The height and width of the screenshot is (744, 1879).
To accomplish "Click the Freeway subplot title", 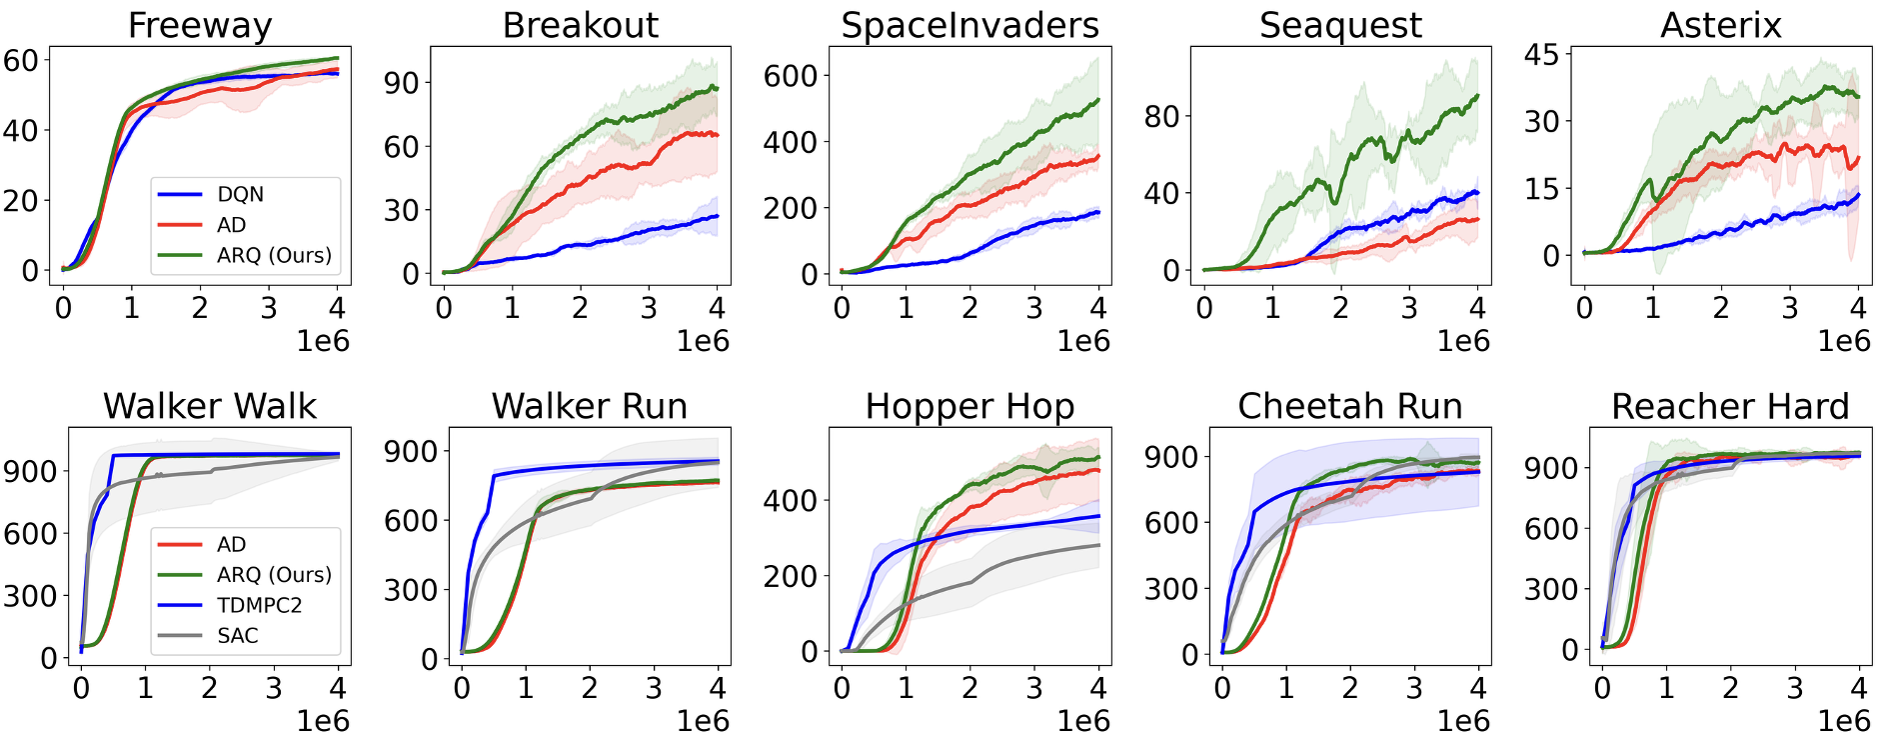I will [200, 25].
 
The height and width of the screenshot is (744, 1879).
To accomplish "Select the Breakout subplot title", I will [580, 25].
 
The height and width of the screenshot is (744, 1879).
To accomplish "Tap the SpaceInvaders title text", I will [969, 25].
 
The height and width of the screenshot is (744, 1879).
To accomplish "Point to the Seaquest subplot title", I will [1340, 25].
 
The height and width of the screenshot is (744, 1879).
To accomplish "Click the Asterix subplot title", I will [1721, 25].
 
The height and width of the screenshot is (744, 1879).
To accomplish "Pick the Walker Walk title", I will [210, 406].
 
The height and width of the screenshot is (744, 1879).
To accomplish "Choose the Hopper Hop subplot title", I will [969, 406].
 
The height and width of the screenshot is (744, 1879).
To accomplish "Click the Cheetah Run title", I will [1349, 406].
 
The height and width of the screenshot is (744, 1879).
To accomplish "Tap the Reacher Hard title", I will [1730, 406].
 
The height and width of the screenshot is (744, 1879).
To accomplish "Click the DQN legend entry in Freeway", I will [240, 194].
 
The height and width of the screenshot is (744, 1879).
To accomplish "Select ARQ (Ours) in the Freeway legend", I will [274, 255].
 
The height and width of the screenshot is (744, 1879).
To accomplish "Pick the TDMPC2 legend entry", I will [259, 605].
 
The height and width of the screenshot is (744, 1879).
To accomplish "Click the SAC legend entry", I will [238, 635].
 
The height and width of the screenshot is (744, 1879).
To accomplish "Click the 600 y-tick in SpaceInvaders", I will [791, 75].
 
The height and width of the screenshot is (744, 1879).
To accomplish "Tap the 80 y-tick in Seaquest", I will [1162, 116].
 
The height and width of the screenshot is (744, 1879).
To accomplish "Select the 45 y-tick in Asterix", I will [1542, 54].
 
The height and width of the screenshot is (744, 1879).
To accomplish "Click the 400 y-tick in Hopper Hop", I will [791, 499].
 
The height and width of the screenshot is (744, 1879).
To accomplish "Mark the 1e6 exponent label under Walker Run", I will [703, 721].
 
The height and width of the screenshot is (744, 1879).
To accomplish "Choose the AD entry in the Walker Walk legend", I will [231, 544].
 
